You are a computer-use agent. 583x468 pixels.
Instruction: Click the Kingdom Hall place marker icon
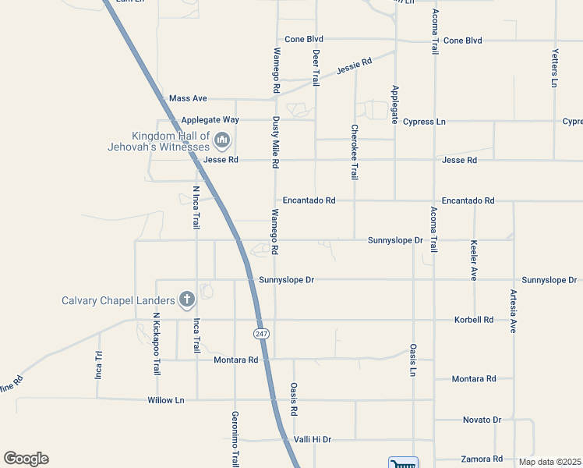(222, 141)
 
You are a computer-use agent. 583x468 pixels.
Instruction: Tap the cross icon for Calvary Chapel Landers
(186, 300)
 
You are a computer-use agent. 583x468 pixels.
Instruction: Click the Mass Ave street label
(188, 99)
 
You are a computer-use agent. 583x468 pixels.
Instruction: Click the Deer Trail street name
(316, 67)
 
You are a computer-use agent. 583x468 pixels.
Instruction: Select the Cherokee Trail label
(355, 152)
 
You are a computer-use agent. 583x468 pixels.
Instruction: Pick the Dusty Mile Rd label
(275, 143)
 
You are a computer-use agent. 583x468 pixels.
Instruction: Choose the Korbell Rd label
(474, 320)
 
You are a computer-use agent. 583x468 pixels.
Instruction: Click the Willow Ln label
(166, 400)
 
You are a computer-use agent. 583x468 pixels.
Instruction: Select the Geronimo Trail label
(235, 438)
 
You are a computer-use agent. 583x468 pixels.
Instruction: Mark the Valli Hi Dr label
(313, 440)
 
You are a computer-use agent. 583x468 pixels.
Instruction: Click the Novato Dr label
(481, 420)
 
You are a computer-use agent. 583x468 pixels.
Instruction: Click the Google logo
(26, 459)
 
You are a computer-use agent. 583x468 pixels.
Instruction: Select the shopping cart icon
(403, 463)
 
